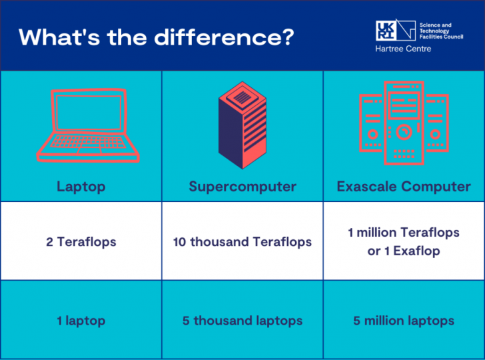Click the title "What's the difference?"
(156, 36)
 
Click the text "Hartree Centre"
(403, 49)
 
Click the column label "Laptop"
(81, 186)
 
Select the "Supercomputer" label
(242, 186)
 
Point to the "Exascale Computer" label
(404, 186)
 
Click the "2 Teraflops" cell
(81, 241)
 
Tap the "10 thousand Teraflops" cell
(242, 241)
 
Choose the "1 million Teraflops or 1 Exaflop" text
(404, 241)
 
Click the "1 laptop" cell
(81, 321)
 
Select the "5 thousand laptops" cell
(242, 321)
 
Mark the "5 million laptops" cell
(404, 321)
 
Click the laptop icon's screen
(88, 113)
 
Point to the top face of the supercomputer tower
(242, 97)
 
